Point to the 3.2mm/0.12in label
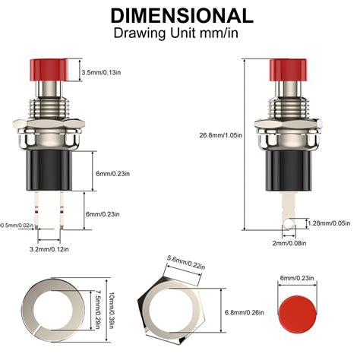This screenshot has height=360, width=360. (x=49, y=248)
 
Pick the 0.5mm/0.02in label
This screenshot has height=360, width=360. (x=16, y=225)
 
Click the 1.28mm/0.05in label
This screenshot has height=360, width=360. (x=328, y=223)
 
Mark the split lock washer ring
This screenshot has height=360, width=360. (x=34, y=312)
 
